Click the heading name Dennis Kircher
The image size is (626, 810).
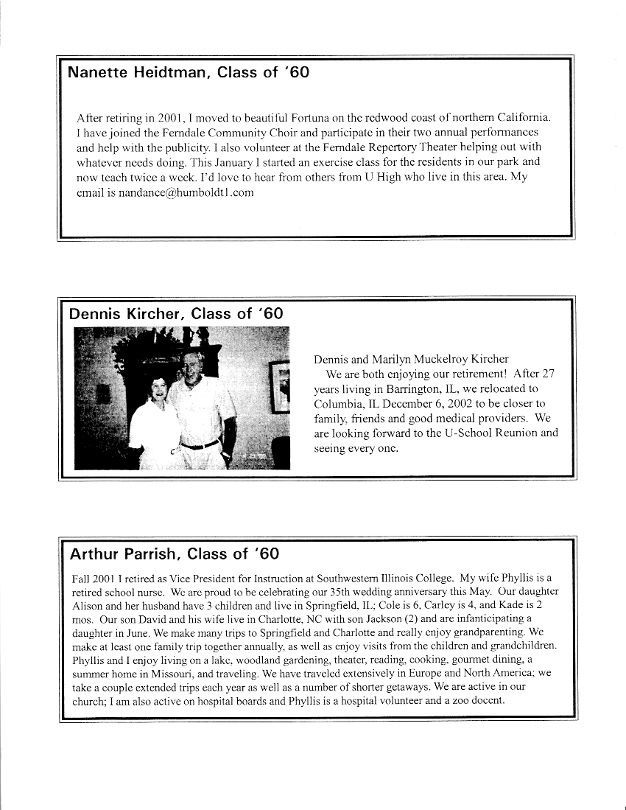point(124,313)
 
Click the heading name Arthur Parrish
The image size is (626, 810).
point(122,553)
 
